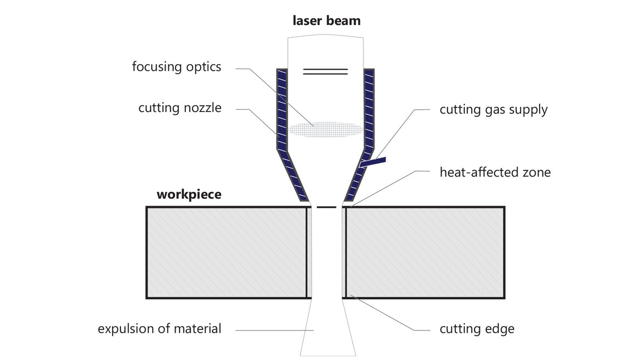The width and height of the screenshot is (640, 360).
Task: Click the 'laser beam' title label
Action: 327,21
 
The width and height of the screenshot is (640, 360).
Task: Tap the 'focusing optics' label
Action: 176,66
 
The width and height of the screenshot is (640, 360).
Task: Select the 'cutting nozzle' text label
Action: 180,108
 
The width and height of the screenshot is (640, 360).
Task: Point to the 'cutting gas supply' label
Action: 493,109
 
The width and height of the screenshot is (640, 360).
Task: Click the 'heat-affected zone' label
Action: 495,172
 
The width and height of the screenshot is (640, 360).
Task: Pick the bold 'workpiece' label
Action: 189,194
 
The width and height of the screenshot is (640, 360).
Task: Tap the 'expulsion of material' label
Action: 159,329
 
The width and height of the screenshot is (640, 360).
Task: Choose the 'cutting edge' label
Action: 477,329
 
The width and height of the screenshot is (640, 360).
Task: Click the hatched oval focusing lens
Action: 326,129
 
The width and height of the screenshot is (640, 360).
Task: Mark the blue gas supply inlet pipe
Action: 373,162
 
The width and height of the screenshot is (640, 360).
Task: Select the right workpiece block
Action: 424,252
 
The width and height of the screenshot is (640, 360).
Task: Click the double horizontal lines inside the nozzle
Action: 326,71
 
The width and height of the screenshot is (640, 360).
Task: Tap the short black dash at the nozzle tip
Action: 326,207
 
